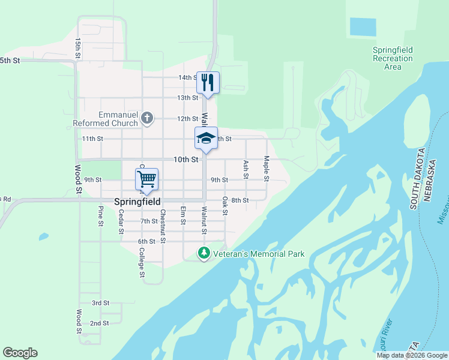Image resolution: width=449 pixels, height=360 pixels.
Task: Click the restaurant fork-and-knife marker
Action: tap(208, 82)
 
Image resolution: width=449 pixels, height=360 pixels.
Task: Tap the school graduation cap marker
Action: tap(206, 138)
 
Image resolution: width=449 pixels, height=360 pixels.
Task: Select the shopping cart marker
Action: tap(146, 179)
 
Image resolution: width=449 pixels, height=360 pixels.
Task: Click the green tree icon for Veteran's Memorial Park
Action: tap(204, 254)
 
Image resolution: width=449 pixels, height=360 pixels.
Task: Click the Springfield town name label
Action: tap(137, 202)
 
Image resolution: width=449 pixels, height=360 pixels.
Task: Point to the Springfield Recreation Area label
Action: tap(393, 58)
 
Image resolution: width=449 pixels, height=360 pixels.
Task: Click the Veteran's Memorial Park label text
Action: tap(259, 254)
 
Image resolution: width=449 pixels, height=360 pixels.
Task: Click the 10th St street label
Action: tap(185, 160)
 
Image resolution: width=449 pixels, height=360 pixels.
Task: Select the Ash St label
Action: tap(246, 169)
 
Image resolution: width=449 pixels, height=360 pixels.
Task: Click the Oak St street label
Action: tap(225, 205)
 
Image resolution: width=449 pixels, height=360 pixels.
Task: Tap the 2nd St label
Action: tap(99, 323)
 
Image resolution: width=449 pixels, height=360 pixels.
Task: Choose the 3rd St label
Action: tap(100, 303)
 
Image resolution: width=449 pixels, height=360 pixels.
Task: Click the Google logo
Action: tap(20, 353)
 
